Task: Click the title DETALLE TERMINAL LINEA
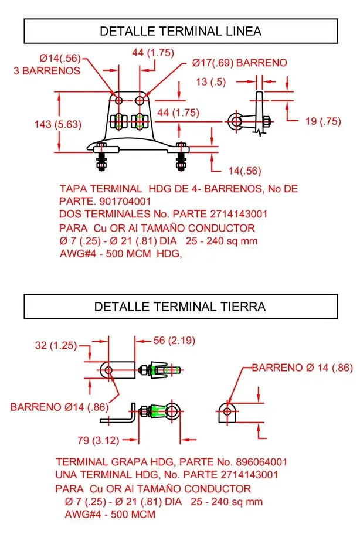pyautogui.click(x=181, y=31)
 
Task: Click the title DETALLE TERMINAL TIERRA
pyautogui.click(x=180, y=307)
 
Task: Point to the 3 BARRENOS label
pyautogui.click(x=47, y=70)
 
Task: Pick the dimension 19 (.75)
pyautogui.click(x=323, y=121)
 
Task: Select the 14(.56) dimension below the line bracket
pyautogui.click(x=244, y=171)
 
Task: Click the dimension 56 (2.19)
pyautogui.click(x=174, y=341)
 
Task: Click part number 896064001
pyautogui.click(x=257, y=462)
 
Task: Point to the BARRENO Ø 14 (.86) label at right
pyautogui.click(x=302, y=368)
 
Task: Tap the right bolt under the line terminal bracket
pyautogui.click(x=182, y=157)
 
